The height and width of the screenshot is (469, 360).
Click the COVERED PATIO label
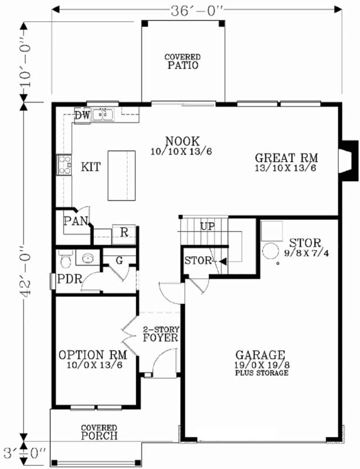coord(182,62)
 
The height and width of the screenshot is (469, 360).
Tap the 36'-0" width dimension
coord(197,9)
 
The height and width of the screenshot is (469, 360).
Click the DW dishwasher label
coord(82,115)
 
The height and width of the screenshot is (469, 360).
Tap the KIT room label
coord(90,168)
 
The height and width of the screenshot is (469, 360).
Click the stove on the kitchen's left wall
coord(63,165)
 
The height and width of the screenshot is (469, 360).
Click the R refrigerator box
coord(124,232)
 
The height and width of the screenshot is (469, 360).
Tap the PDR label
coord(69,279)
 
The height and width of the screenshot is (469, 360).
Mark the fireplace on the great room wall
coord(348,154)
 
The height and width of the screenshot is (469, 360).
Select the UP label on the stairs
coord(208,226)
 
